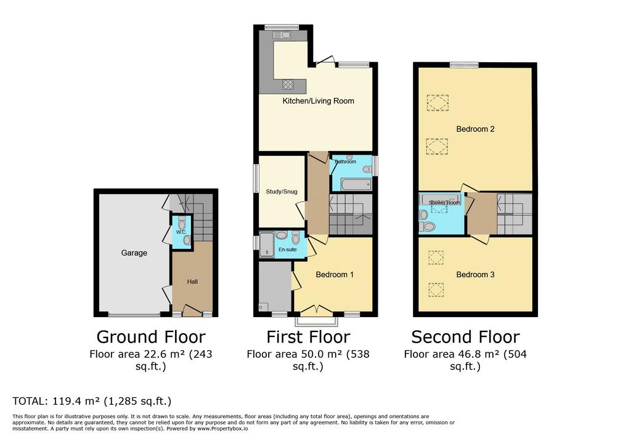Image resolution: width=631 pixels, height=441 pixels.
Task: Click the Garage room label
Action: coord(134,253)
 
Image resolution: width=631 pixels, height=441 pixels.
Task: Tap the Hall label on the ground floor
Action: coord(192,281)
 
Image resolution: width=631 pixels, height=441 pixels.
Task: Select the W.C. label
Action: coord(181,232)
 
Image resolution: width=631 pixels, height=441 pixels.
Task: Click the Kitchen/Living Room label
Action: coord(319,101)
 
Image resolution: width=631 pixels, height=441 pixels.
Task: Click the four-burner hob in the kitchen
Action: coord(288,84)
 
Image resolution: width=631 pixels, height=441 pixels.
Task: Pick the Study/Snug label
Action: coord(282,192)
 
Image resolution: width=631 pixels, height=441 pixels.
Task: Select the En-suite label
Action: coord(288,249)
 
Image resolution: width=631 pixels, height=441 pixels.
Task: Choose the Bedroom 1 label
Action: coord(335,275)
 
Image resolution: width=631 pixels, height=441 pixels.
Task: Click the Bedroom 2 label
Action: coord(475,129)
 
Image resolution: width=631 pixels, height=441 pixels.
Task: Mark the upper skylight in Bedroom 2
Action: coord(438,103)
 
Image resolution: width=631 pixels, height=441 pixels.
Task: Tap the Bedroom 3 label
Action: coord(475,275)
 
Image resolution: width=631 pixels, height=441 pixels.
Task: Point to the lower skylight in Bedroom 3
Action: coord(436,289)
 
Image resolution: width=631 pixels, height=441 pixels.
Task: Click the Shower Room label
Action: coord(444,203)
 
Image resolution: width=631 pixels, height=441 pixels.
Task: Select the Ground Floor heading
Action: coord(151,337)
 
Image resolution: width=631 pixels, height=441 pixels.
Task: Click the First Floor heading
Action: coord(308,337)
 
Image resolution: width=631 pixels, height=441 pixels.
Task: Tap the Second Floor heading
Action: coord(466,337)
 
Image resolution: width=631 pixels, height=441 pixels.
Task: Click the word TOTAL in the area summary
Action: coord(30,401)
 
